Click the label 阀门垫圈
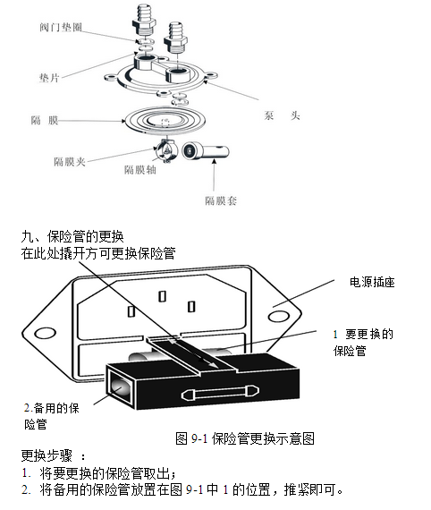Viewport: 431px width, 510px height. point(61,27)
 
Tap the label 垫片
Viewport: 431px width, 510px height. point(49,78)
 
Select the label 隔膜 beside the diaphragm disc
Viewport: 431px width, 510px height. point(45,121)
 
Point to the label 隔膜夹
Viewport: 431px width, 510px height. point(70,162)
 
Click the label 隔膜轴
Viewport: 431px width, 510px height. point(140,169)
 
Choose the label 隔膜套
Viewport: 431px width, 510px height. point(221,200)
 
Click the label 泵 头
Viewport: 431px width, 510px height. point(282,115)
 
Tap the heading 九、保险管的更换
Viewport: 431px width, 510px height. point(72,236)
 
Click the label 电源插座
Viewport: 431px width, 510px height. point(372,282)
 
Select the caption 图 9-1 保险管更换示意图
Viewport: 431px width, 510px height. point(245,438)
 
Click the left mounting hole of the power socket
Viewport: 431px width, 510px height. point(45,333)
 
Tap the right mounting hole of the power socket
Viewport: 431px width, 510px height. point(279,316)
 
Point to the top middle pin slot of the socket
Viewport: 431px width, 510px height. point(162,296)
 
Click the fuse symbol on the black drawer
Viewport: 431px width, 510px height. point(220,393)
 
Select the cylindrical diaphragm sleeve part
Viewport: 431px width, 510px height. point(206,151)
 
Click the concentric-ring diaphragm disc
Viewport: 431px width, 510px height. point(165,120)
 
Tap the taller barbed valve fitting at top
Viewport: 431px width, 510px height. point(144,21)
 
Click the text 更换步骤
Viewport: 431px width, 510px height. point(46,455)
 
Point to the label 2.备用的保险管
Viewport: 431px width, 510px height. point(52,416)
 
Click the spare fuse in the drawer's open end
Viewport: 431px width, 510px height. point(120,387)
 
